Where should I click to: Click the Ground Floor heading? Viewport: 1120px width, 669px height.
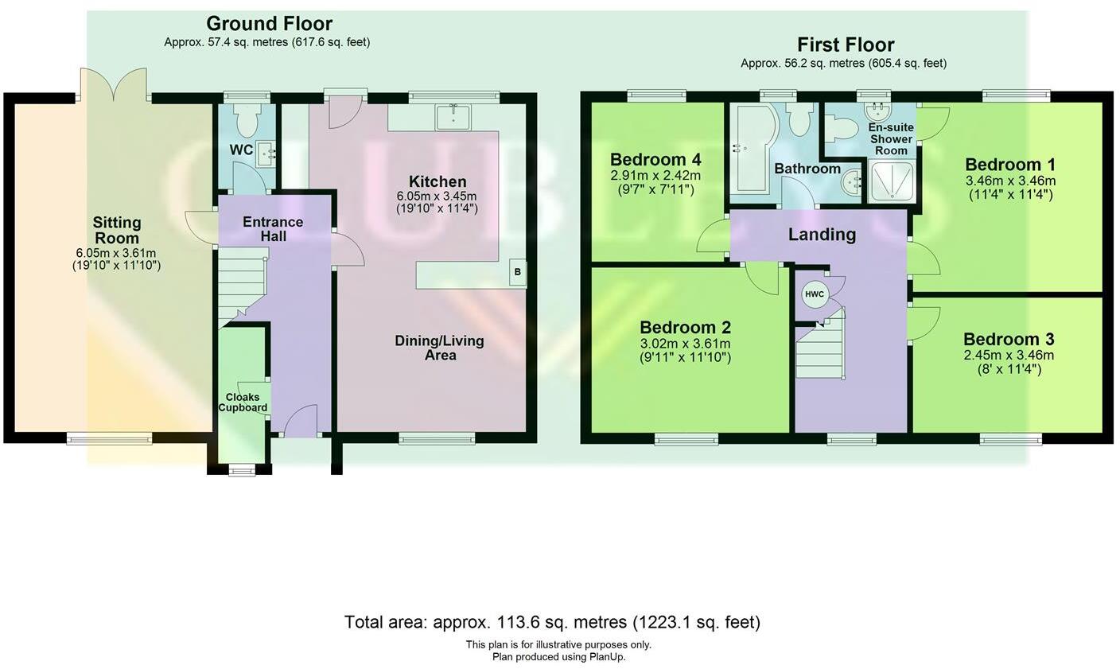[x=269, y=24]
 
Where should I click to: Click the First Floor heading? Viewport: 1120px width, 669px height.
[x=846, y=45]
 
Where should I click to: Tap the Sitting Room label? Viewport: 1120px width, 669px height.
[x=116, y=230]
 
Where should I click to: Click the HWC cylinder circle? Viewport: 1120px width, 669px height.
[x=815, y=294]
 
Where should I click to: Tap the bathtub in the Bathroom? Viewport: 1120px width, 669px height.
[x=751, y=148]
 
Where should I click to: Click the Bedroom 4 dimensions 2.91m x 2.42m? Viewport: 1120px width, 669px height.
[x=655, y=176]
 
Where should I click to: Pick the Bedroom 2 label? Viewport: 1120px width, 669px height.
[x=685, y=328]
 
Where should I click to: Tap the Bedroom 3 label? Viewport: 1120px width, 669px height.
[x=1008, y=340]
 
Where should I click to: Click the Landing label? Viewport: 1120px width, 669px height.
[x=822, y=234]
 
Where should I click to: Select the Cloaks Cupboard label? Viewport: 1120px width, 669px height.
[x=243, y=403]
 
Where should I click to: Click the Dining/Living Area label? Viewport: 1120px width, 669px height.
[x=439, y=348]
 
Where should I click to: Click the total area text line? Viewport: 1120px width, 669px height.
[x=552, y=622]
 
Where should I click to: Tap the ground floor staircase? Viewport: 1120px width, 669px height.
[x=242, y=282]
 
